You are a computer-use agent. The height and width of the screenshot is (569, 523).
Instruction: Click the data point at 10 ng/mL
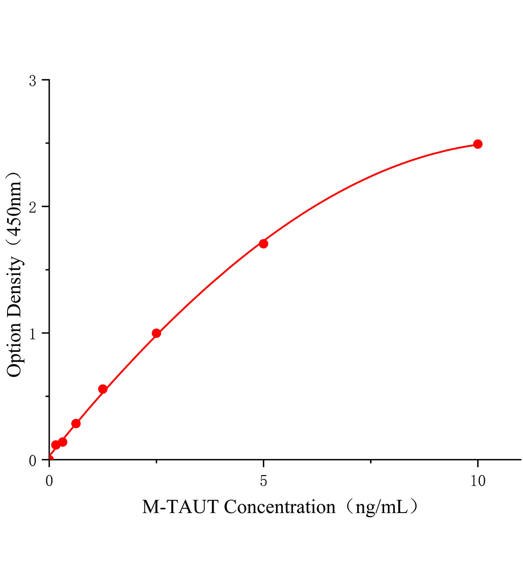click(x=478, y=144)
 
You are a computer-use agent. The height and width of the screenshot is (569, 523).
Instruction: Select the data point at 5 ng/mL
click(x=263, y=244)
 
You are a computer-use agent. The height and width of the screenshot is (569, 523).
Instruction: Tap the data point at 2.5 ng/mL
click(x=156, y=333)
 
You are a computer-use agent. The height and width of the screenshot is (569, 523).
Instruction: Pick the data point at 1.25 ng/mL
click(x=103, y=389)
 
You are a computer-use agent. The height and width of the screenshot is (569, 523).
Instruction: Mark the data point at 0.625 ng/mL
click(x=76, y=423)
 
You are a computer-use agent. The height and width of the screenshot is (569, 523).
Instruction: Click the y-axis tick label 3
click(x=33, y=81)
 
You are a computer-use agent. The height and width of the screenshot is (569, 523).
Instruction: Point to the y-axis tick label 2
click(x=33, y=207)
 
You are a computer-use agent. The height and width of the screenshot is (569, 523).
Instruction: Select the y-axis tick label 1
click(x=33, y=333)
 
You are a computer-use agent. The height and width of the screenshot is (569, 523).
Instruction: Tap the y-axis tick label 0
click(x=33, y=460)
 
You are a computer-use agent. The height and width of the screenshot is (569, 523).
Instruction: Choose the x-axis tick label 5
click(x=263, y=481)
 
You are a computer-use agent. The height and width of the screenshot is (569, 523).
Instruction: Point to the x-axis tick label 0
click(x=49, y=481)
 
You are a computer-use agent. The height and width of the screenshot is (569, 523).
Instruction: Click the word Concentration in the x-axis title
click(x=280, y=507)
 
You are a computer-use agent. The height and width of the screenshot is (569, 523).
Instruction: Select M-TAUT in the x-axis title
click(x=180, y=507)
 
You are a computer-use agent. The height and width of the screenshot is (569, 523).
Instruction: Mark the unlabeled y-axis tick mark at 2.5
click(x=46, y=144)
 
